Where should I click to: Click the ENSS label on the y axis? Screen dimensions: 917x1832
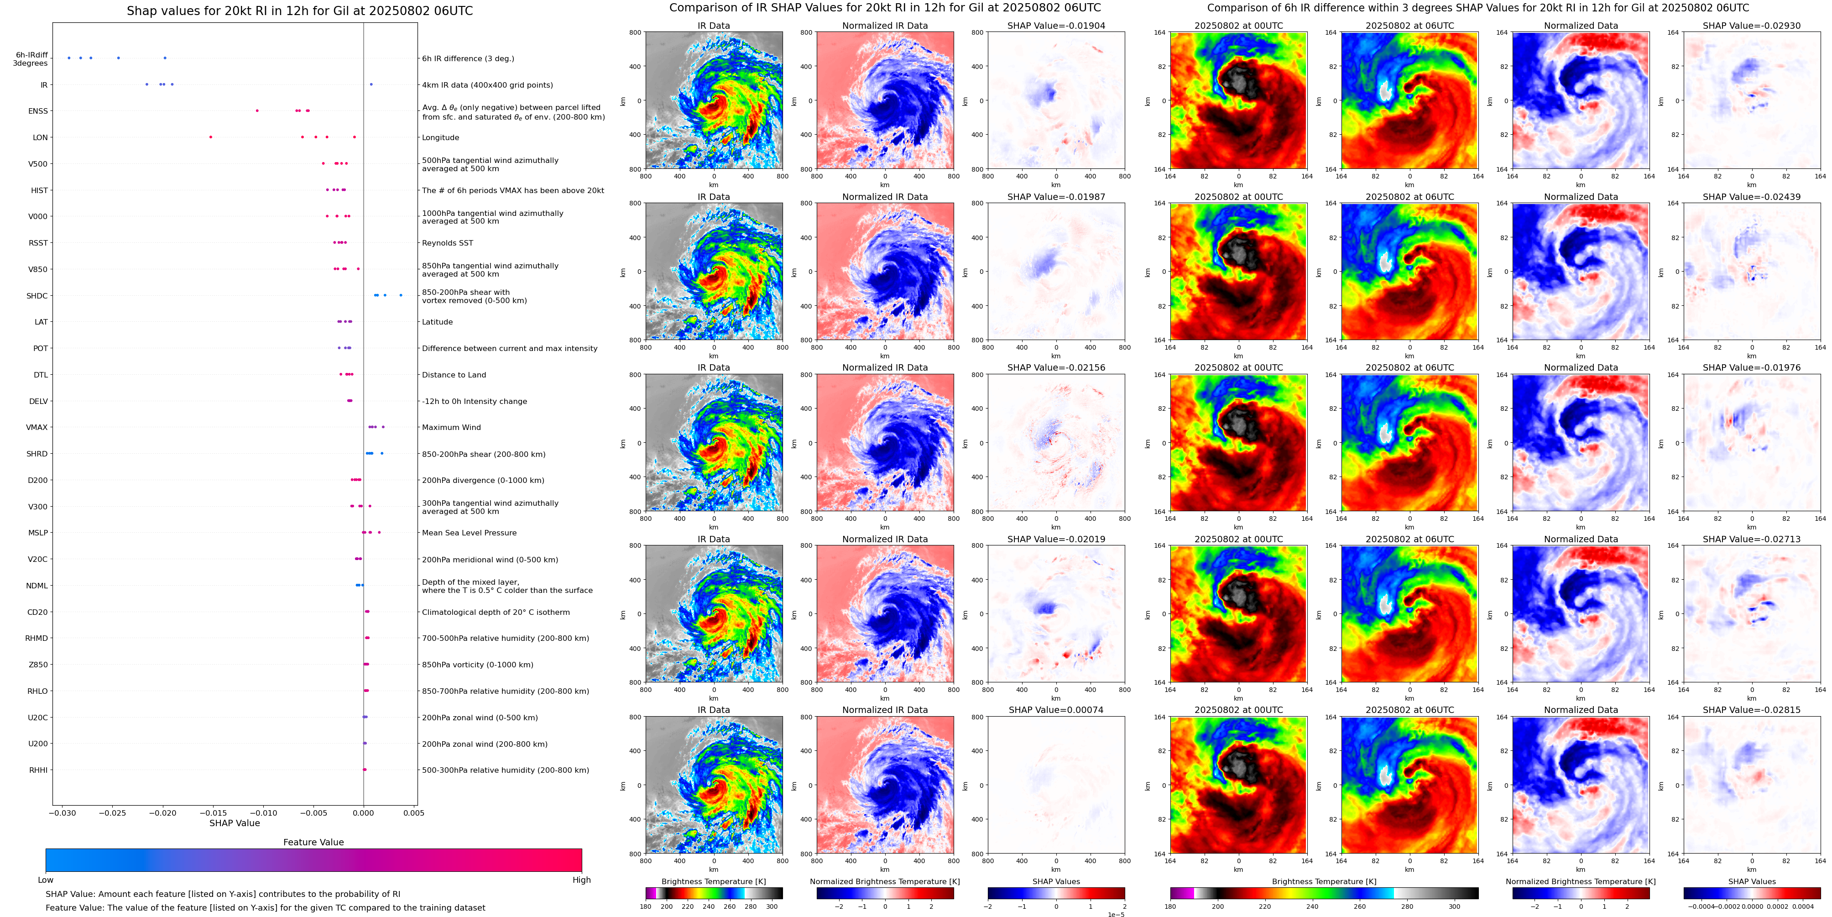[x=38, y=111]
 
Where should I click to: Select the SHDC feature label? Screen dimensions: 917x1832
[x=37, y=296]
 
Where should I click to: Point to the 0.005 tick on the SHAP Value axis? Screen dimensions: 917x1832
[x=413, y=813]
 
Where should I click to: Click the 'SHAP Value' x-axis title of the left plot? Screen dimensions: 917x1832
[x=234, y=823]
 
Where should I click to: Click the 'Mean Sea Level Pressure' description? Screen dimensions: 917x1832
[x=469, y=533]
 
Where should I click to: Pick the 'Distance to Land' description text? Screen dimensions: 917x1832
[x=454, y=375]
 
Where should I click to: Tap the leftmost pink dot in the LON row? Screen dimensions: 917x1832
[x=210, y=136]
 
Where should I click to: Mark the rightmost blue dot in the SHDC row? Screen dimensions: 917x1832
[x=401, y=295]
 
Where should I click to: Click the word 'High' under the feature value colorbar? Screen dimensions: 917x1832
[x=581, y=880]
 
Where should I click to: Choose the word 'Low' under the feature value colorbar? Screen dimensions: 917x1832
[x=46, y=880]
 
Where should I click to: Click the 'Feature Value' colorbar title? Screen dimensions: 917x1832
[x=313, y=842]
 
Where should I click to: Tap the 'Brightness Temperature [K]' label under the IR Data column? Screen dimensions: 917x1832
[x=713, y=881]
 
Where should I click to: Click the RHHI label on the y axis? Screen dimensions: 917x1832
[x=38, y=770]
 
